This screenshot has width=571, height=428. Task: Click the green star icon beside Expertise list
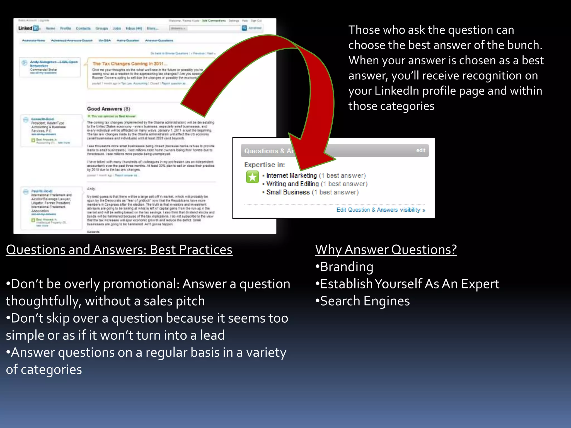click(252, 177)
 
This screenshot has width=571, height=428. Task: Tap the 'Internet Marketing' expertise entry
click(291, 176)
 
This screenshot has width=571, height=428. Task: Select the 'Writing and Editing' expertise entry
click(292, 184)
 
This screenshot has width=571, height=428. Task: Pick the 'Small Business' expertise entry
click(288, 192)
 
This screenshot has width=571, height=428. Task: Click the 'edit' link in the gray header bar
click(420, 150)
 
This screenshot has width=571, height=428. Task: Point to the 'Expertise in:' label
click(264, 165)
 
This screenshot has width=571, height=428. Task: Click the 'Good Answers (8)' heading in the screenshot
click(108, 109)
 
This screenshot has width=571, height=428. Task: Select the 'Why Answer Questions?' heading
click(386, 249)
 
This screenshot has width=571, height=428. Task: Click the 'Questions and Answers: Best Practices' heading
click(119, 249)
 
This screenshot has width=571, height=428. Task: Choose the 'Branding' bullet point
click(346, 267)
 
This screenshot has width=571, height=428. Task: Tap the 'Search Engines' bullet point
click(365, 301)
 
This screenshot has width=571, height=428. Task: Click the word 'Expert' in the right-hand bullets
click(480, 284)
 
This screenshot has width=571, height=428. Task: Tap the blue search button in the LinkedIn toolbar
click(244, 28)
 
